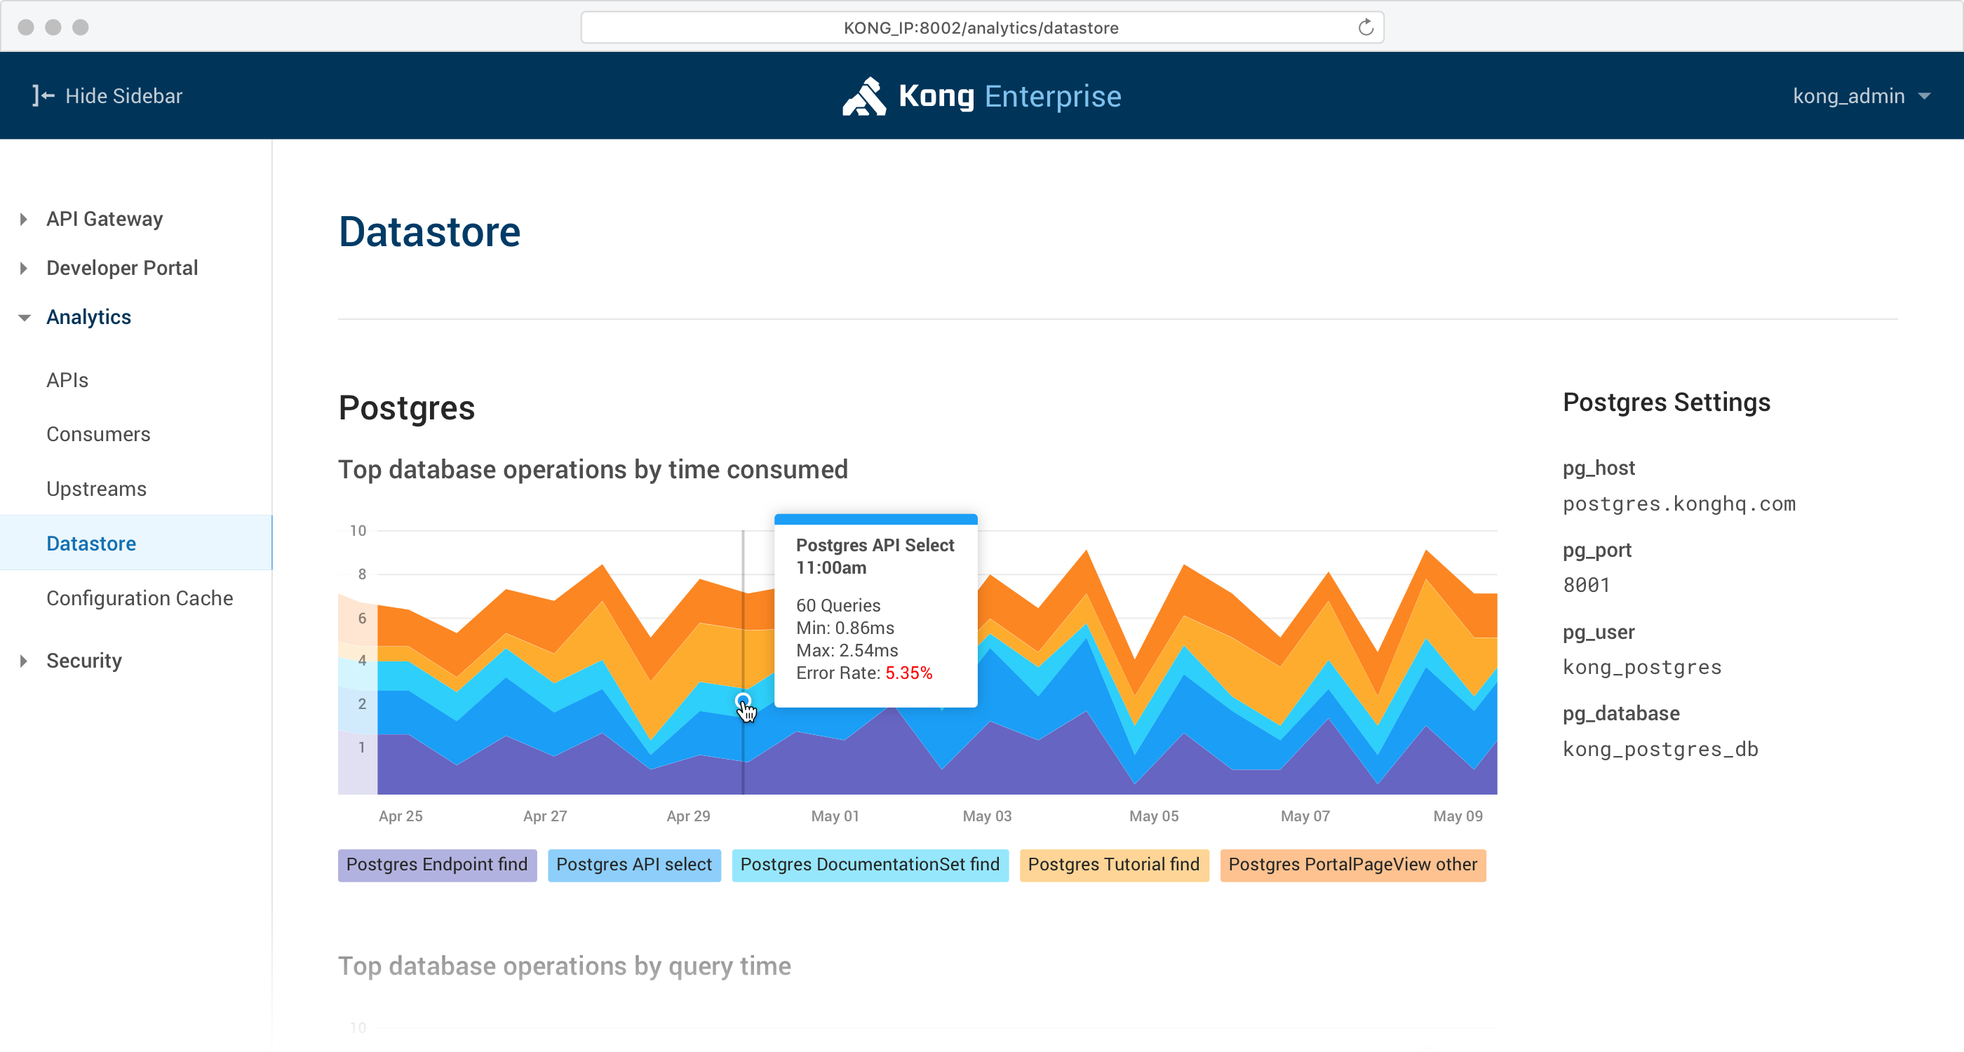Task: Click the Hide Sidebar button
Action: [x=107, y=96]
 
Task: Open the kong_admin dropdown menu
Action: [x=1860, y=96]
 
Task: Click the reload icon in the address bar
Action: [x=1366, y=27]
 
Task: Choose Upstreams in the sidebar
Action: [x=96, y=489]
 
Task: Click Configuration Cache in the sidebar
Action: [x=140, y=598]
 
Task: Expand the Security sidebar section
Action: [x=84, y=660]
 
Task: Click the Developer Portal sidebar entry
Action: [x=122, y=268]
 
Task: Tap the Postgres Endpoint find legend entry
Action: [x=437, y=865]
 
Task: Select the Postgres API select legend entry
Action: [x=633, y=865]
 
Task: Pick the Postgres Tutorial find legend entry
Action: [x=1113, y=865]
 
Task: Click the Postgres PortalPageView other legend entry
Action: [x=1352, y=865]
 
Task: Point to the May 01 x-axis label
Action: [x=835, y=816]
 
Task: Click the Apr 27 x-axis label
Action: [x=544, y=816]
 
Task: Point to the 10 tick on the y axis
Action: [x=358, y=531]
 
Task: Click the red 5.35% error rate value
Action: [x=908, y=673]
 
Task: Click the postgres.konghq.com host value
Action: [x=1679, y=504]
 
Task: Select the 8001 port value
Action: [x=1586, y=585]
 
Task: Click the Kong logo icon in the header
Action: [x=864, y=96]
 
